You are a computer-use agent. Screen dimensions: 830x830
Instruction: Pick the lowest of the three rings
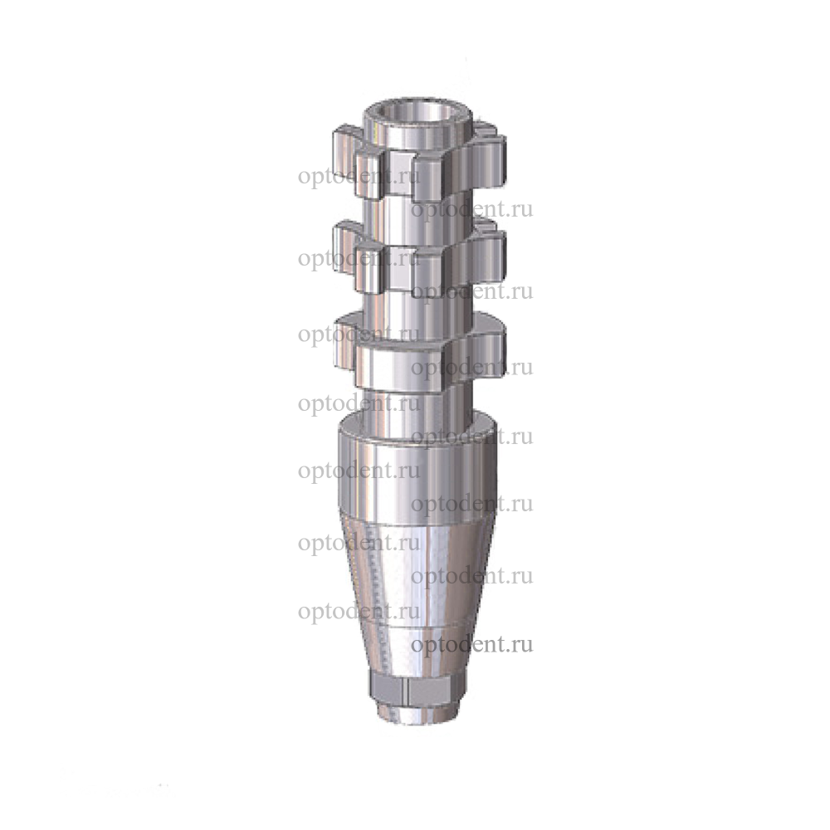tap(419, 350)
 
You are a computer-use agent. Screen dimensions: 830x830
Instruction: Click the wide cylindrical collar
tap(417, 471)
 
